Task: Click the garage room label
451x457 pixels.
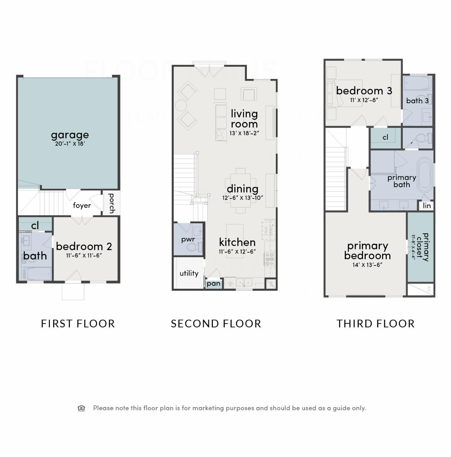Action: click(70, 135)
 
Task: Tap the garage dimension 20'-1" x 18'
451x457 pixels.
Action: click(70, 144)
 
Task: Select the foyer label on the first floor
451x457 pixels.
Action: click(82, 205)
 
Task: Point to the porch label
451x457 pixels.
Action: click(112, 203)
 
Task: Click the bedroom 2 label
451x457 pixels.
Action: click(84, 246)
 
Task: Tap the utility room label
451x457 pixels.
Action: click(189, 273)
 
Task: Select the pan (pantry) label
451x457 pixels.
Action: click(213, 284)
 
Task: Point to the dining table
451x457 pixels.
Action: click(241, 190)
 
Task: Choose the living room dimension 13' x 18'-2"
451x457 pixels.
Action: click(244, 133)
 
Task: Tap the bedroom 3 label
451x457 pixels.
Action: click(364, 91)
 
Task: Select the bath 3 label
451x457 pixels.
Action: click(417, 101)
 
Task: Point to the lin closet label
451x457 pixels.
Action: click(427, 206)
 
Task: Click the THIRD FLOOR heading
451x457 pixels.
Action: click(375, 324)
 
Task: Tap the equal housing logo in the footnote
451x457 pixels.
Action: click(81, 408)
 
